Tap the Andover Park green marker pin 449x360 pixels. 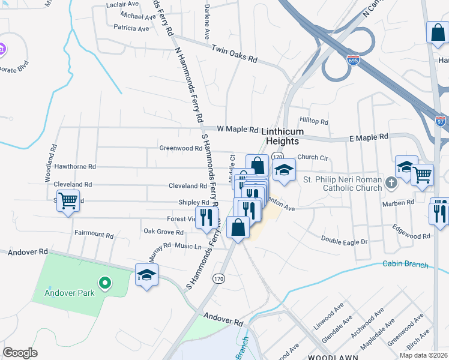pos(104,281)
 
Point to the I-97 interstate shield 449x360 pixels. pos(441,121)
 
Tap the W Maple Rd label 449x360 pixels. pos(237,129)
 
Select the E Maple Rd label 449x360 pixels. pos(369,137)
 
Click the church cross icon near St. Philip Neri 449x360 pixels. pos(391,182)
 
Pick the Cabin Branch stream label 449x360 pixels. pos(405,265)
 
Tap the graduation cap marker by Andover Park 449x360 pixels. pos(146,275)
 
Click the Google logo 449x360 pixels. pos(20,353)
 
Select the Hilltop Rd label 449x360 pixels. pos(315,122)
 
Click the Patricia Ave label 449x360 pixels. pos(131,28)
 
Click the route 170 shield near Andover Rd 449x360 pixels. pos(218,278)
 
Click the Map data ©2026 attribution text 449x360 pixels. pos(423,355)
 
